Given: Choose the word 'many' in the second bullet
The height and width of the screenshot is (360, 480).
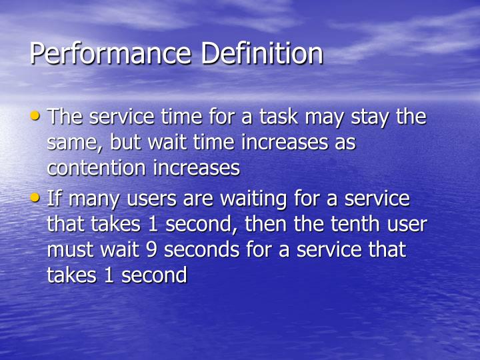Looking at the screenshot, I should (x=91, y=200).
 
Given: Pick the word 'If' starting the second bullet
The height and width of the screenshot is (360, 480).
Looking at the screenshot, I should (x=53, y=199).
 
